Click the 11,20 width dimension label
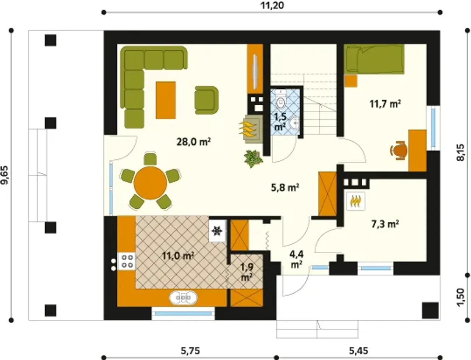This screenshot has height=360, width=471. pos(272,5)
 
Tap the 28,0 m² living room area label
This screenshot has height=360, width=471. pos(193,142)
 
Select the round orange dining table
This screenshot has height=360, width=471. pos(150,183)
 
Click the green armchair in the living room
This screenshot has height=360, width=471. pos(206,100)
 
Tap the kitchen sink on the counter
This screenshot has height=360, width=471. pos(183,298)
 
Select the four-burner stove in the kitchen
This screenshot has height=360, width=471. pos(126,261)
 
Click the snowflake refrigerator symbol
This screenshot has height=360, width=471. pos(217,231)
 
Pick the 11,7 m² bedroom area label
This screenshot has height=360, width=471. pos(385,104)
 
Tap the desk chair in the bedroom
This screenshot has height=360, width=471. pos(398,151)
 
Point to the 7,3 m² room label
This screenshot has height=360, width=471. pos(385,224)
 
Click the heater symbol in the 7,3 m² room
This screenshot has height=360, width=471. pos(355,201)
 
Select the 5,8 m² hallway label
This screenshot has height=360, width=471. pos(285,188)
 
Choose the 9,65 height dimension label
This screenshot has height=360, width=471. pos(5,175)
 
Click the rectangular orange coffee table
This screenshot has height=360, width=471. pos(166,100)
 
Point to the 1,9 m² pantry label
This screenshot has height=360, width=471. pos(247,272)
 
